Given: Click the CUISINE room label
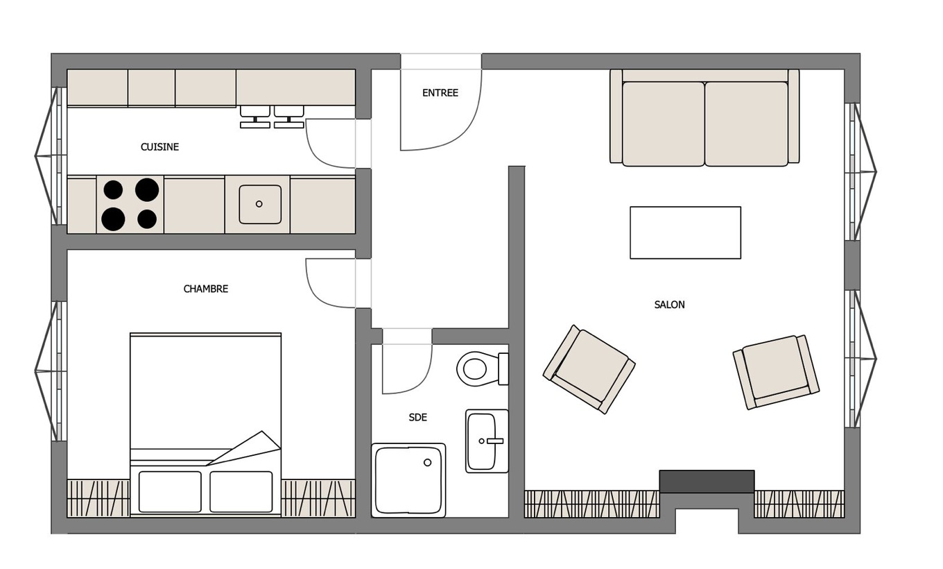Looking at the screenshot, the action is coord(159,147).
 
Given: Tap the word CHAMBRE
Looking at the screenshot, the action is coord(206,289).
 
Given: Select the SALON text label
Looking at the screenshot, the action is coord(669,305).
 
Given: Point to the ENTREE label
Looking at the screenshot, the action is coord(440,93).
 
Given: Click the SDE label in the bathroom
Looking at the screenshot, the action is coord(417,417).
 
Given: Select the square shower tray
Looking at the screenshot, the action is coord(408,480).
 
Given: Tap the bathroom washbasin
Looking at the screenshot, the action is coord(487,441).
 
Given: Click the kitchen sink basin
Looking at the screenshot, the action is coord(260,204).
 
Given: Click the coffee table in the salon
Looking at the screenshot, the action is coord(685,232).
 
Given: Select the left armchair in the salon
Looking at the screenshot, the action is coord(589,369).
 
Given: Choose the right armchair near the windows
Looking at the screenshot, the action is coord(776,373).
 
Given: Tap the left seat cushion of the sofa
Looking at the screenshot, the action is coord(663,124).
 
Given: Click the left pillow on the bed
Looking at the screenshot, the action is coord(170,491).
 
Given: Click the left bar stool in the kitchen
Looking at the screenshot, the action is coord(255,117).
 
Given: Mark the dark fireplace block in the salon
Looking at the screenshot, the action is coord(707,482).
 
